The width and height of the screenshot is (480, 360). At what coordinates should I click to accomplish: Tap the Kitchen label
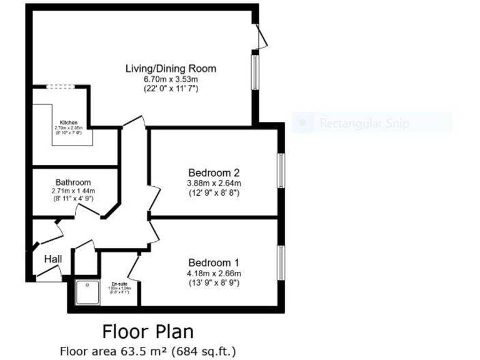pos(68,122)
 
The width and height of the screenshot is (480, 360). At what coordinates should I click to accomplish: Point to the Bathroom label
pos(72,182)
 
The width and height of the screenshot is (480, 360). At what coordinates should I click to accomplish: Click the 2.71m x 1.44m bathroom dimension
pos(72,191)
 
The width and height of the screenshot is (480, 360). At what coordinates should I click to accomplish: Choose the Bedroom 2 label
pos(214,172)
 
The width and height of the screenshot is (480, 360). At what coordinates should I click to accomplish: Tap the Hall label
pos(52,259)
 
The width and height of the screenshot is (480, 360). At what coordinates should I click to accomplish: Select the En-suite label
pos(119,283)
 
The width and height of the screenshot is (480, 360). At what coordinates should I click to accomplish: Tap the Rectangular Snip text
pos(364,124)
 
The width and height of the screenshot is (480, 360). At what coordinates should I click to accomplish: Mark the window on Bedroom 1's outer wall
pos(281,262)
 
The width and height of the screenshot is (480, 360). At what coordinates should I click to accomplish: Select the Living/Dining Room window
pos(255,72)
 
